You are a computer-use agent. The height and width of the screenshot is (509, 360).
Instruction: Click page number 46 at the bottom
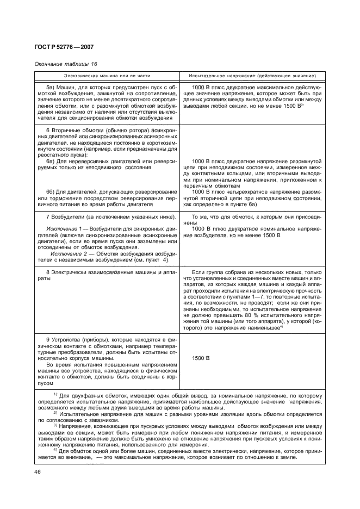click(x=39, y=471)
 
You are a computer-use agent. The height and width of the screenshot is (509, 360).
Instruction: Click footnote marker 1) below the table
click(x=55, y=393)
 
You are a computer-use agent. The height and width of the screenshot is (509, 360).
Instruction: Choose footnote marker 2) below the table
click(x=55, y=412)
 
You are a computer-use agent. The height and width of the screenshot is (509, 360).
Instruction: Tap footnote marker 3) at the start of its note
click(x=55, y=425)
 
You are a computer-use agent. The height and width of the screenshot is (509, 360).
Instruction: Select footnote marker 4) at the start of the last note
click(x=55, y=450)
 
